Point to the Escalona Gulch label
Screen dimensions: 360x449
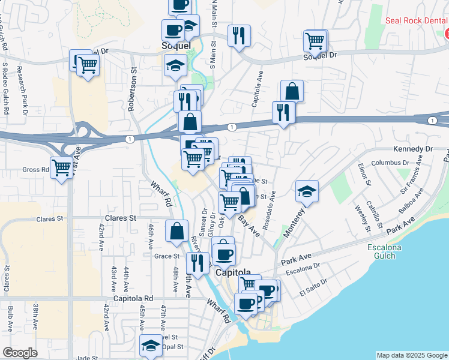[389, 252]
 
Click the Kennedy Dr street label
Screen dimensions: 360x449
[412, 149]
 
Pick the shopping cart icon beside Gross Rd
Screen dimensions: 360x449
[62, 167]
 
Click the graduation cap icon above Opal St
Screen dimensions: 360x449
[151, 345]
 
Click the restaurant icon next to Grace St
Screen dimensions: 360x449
[197, 262]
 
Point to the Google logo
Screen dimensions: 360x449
[20, 353]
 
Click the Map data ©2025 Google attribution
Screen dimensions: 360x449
[412, 355]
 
